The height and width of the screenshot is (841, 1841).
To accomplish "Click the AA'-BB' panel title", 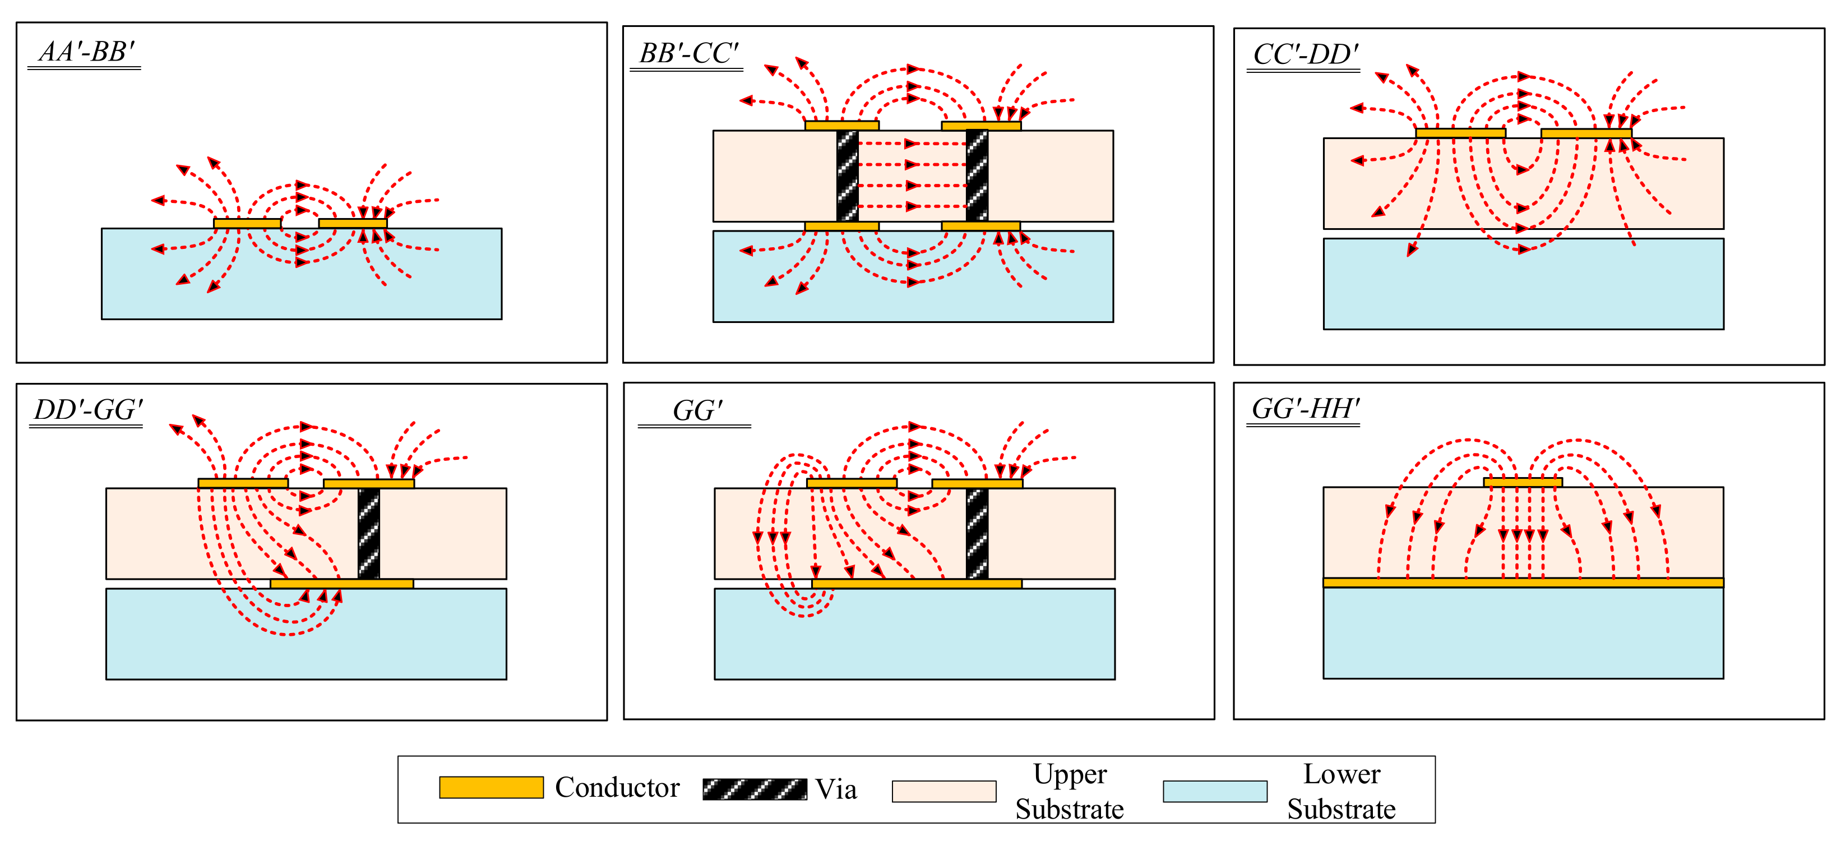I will [86, 52].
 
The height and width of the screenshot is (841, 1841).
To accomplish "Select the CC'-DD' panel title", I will [1305, 54].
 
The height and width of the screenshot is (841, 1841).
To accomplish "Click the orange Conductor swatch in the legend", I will [491, 787].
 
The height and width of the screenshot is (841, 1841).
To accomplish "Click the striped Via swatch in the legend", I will [755, 789].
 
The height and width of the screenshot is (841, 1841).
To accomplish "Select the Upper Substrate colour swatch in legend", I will [943, 791].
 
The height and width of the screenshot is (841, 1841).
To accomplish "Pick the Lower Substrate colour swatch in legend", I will [1214, 791].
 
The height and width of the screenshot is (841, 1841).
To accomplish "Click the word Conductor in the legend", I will [617, 787].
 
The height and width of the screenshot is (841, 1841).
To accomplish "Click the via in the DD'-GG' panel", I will [369, 533].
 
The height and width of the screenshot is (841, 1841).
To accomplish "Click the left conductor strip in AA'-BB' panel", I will [247, 224].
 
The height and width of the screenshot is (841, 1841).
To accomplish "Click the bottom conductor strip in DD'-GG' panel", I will [341, 584].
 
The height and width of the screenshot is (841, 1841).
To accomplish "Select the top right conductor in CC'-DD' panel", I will [1586, 133].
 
